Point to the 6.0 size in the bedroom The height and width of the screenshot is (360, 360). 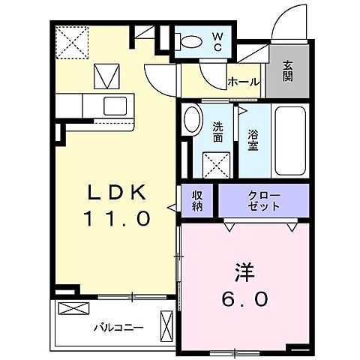(240, 298)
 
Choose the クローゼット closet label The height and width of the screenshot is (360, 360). (263, 199)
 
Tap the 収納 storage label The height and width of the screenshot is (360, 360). (198, 199)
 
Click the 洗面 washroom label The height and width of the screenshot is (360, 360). (217, 132)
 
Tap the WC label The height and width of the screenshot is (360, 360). (216, 41)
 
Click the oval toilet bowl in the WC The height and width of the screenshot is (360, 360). (192, 42)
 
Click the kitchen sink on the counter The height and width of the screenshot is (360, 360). (115, 104)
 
